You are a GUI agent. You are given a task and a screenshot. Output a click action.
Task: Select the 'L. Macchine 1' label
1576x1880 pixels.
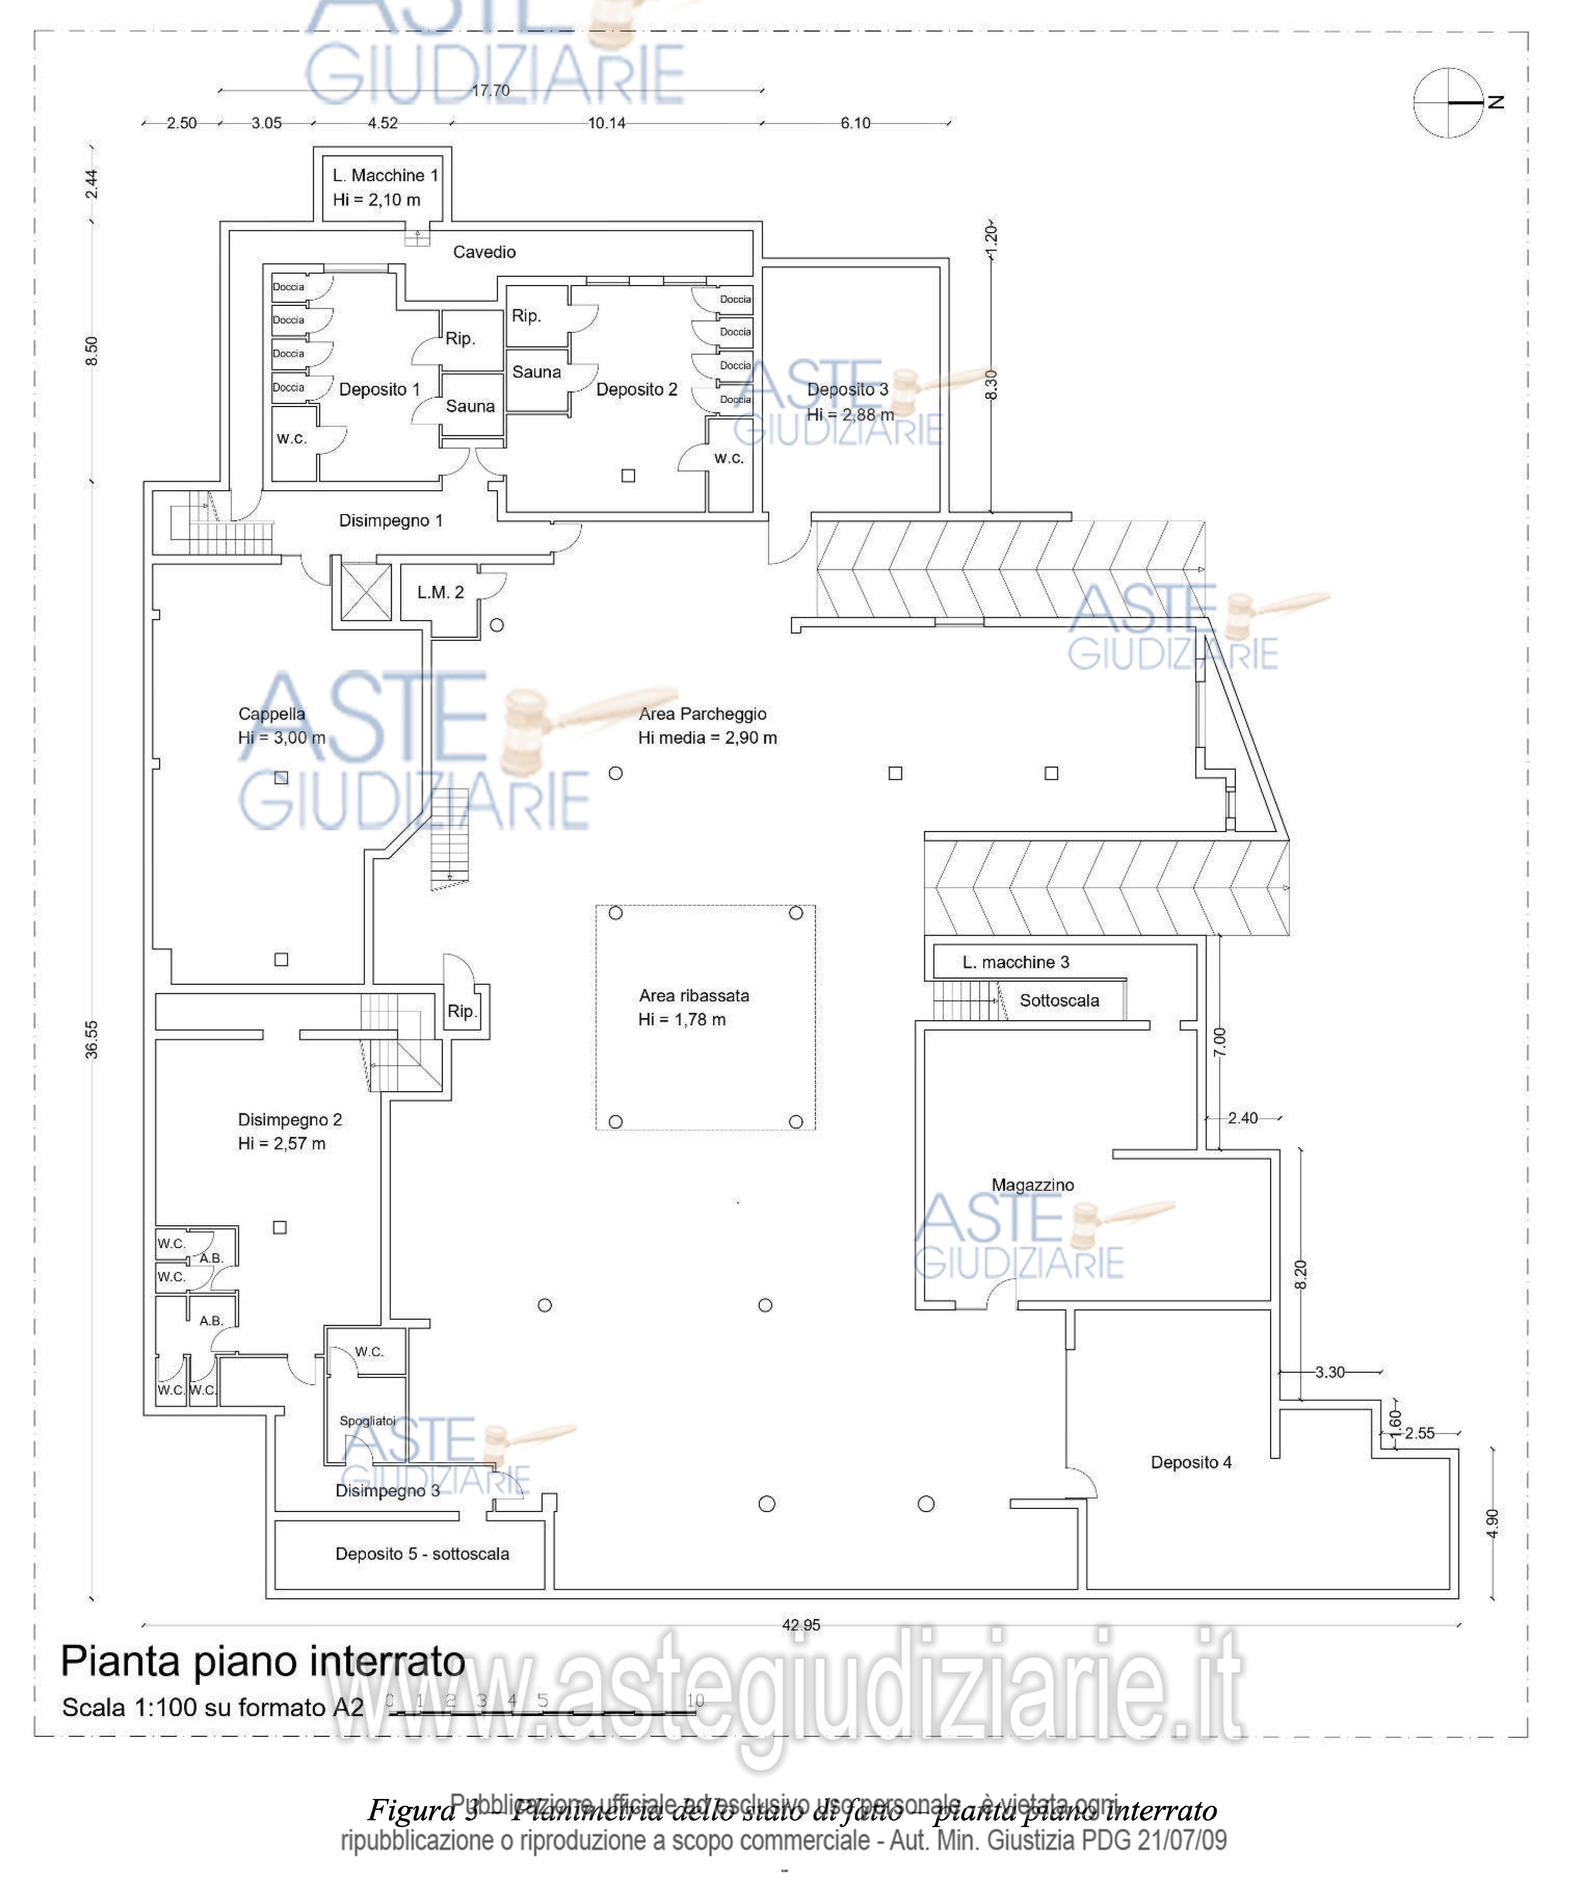[385, 175]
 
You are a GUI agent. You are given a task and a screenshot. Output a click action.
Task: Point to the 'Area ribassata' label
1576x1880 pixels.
[694, 995]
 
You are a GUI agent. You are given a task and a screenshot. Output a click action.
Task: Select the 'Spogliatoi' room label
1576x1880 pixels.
[367, 1421]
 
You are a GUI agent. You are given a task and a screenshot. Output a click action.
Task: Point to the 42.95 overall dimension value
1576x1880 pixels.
[801, 1625]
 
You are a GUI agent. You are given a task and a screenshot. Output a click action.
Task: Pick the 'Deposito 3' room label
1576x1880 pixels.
[847, 389]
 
